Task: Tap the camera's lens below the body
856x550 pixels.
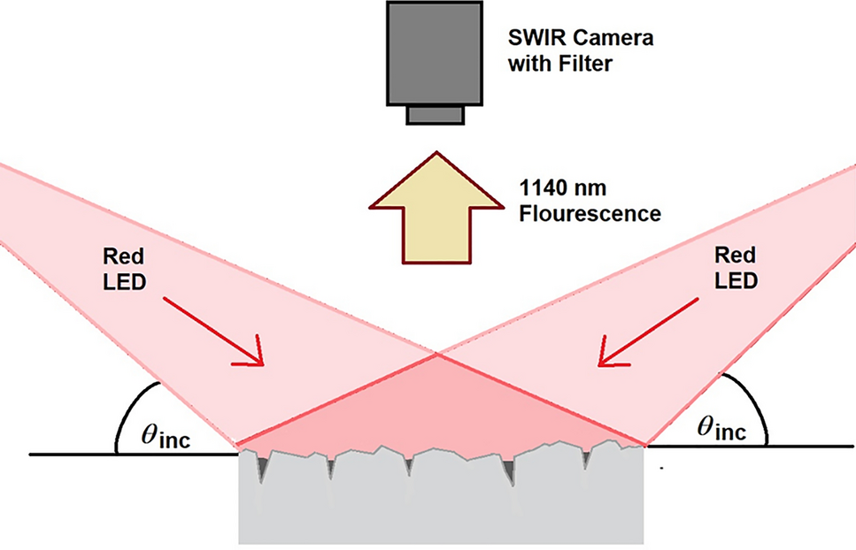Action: coord(434,115)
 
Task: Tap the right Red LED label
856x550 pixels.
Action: coord(735,268)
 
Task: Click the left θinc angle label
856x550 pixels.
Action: coord(169,435)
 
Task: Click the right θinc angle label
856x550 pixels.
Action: coord(719,430)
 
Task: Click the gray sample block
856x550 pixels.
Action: coord(441,504)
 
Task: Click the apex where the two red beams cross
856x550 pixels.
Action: coord(436,355)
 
